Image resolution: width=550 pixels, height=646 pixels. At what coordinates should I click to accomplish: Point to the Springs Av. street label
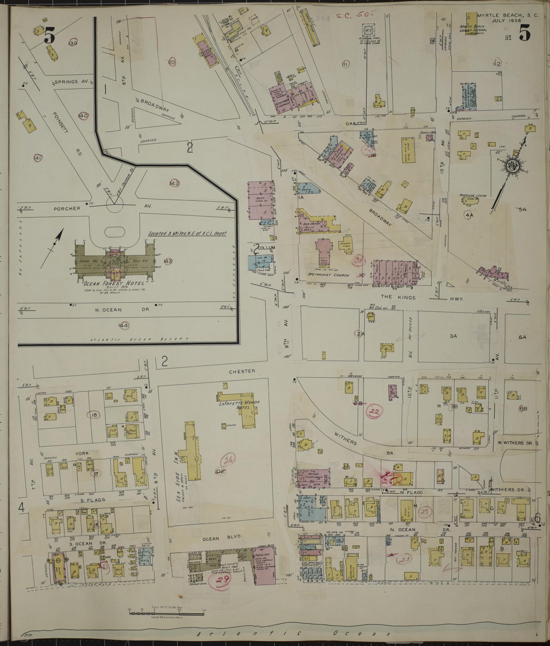pos(71,81)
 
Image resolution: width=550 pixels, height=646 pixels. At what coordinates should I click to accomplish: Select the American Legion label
pos(472,196)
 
